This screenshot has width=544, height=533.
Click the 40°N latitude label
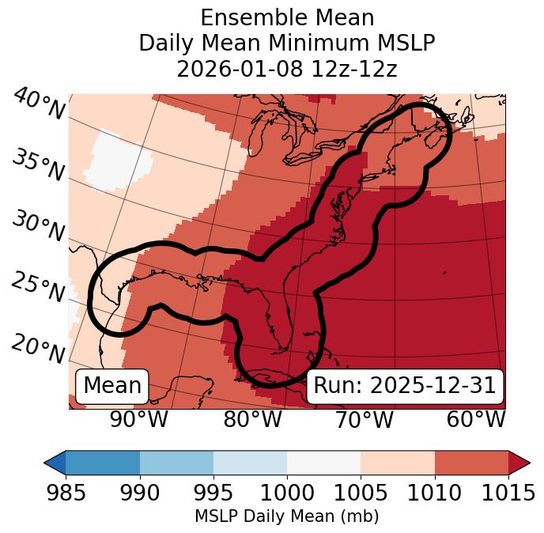[x=38, y=104]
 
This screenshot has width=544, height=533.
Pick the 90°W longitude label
[x=139, y=419]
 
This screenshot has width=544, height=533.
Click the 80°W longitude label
[x=252, y=419]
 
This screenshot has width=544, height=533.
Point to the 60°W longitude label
[x=476, y=419]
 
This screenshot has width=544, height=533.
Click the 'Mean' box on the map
[x=112, y=386]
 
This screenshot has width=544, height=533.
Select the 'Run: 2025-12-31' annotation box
[x=404, y=386]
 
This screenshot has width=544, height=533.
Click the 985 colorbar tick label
[x=66, y=493]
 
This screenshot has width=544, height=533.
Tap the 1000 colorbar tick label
[x=287, y=493]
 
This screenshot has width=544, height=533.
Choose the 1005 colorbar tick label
[x=361, y=493]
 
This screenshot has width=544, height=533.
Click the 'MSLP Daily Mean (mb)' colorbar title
[x=287, y=516]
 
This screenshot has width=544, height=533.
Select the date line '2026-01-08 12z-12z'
[x=287, y=69]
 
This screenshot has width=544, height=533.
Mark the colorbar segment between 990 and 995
[x=176, y=462]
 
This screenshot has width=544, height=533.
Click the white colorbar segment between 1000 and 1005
[x=323, y=462]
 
